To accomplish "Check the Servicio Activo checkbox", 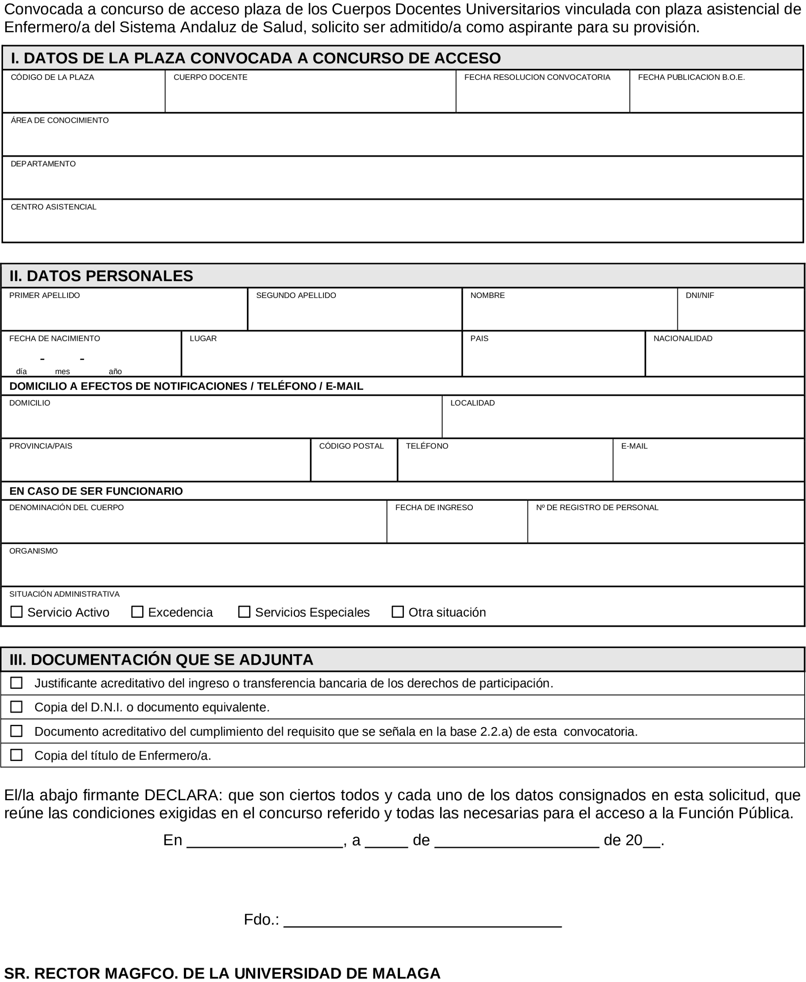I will (x=16, y=612).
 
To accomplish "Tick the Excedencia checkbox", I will (x=137, y=612).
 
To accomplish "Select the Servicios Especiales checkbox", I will (x=244, y=612).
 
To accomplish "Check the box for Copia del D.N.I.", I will (x=16, y=707).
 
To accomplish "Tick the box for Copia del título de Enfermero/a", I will (x=16, y=755).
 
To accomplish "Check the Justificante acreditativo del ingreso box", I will (x=16, y=683).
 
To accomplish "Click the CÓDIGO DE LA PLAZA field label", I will (x=52, y=78).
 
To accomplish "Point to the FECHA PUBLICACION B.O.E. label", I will (x=692, y=78).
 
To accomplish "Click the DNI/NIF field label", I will (x=700, y=295).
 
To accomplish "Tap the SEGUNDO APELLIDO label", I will (x=296, y=295).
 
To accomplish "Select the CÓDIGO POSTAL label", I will (x=351, y=446).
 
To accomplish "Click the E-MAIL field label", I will (x=634, y=446).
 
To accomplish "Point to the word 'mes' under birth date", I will (x=62, y=372).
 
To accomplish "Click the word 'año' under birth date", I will (x=115, y=372).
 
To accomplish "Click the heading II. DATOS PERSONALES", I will (x=101, y=276).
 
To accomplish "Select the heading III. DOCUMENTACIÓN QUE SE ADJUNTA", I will (x=161, y=660).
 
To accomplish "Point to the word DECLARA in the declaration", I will (x=183, y=795).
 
